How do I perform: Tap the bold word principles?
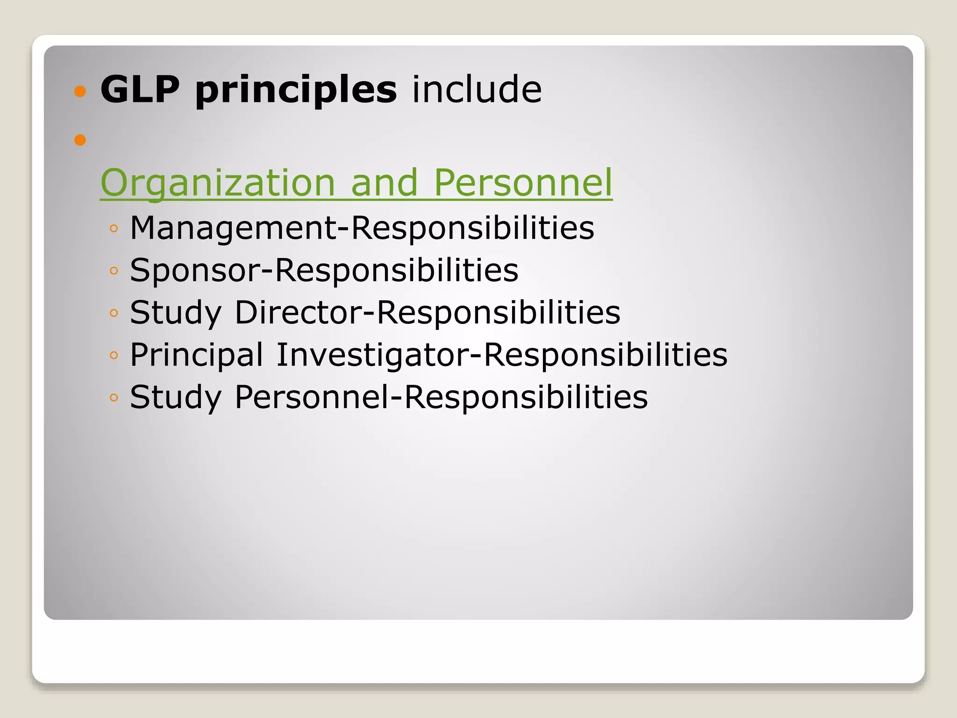click(296, 90)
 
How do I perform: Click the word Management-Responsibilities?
click(362, 228)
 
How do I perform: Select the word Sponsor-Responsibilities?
click(324, 270)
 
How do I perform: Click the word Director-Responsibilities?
click(428, 312)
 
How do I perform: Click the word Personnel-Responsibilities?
click(441, 397)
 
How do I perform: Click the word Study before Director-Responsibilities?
click(175, 313)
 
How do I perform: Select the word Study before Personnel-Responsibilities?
click(175, 398)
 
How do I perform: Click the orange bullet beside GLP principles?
click(80, 91)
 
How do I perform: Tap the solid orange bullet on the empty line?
click(80, 140)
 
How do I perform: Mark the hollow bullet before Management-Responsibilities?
click(114, 229)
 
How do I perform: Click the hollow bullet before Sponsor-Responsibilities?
click(114, 271)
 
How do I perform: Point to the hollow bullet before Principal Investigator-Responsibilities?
click(114, 355)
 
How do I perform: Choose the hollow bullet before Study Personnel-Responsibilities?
click(114, 398)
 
